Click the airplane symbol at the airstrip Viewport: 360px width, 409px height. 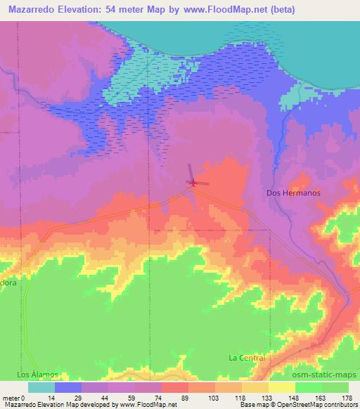point(191,183)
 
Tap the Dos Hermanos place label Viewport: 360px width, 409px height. point(294,193)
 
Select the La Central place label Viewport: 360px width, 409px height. point(246,358)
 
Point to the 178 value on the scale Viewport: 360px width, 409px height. point(346,398)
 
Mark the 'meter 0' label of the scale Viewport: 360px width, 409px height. point(13,398)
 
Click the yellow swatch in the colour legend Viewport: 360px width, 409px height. point(281,387)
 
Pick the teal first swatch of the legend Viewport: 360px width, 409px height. point(41,387)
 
